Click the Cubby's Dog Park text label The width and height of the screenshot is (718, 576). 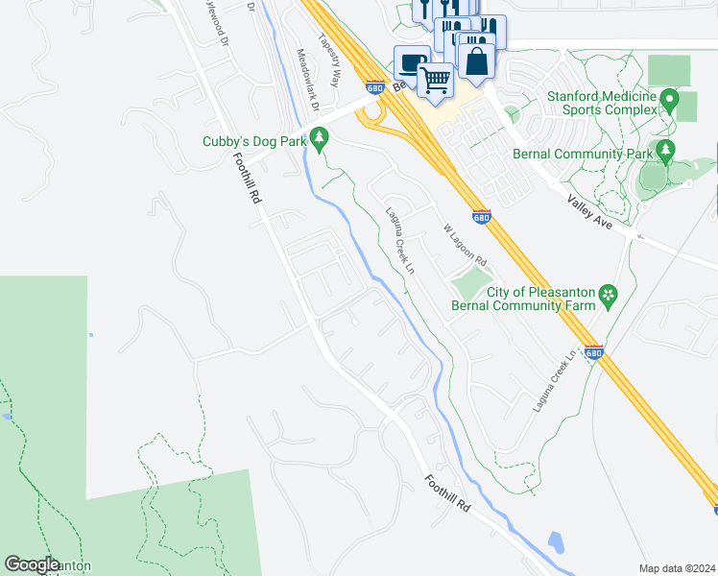click(x=253, y=141)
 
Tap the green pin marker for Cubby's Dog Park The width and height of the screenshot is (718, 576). click(x=320, y=140)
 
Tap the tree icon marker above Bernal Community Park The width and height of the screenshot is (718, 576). click(x=664, y=150)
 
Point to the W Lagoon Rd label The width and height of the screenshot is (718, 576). click(x=465, y=246)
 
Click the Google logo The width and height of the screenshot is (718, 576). click(x=33, y=564)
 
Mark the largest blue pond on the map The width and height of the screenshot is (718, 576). click(x=555, y=544)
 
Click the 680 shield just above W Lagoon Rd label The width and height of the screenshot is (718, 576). click(x=482, y=218)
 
